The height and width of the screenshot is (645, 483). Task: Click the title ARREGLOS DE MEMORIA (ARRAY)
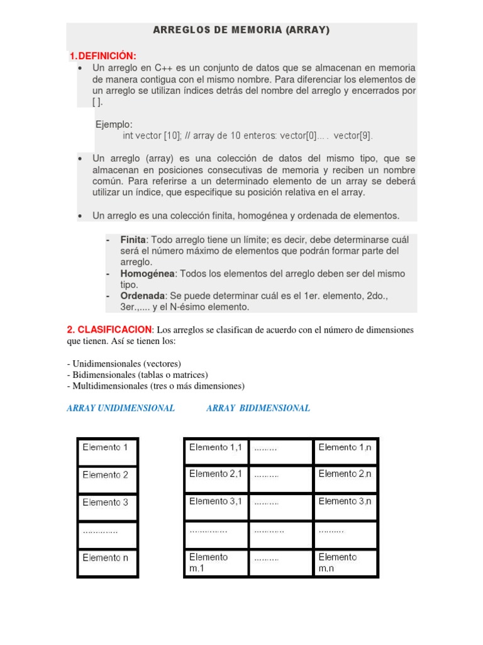click(x=241, y=30)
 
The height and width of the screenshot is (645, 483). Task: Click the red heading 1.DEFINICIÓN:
click(x=103, y=56)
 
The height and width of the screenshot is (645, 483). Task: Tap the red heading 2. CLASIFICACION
click(x=109, y=329)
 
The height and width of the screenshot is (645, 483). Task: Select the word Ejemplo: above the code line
click(x=114, y=125)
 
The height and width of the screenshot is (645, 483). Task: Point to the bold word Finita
click(x=133, y=240)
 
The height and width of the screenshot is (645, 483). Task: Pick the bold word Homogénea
click(x=148, y=274)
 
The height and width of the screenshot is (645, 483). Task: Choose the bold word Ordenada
click(x=143, y=296)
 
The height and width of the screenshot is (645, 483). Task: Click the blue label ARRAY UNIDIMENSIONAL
click(x=121, y=408)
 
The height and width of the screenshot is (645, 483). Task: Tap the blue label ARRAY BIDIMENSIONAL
click(x=258, y=408)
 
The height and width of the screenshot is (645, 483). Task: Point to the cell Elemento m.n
click(x=345, y=562)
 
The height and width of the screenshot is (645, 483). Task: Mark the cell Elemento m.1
click(x=216, y=562)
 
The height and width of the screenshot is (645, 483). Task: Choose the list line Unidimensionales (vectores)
click(x=126, y=363)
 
